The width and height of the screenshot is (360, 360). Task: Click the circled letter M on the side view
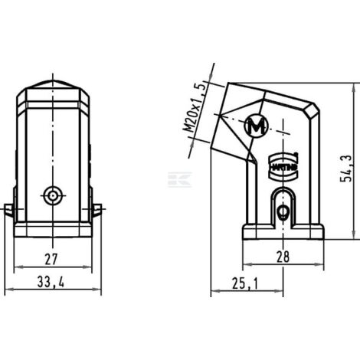(256, 126)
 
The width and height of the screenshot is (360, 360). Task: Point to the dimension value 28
(283, 258)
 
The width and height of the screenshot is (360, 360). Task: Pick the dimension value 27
(51, 258)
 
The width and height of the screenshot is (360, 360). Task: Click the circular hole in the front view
(52, 195)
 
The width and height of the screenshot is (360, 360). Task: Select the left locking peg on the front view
(8, 208)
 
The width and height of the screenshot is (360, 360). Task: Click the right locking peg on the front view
(97, 208)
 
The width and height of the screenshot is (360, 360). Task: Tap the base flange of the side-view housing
(283, 231)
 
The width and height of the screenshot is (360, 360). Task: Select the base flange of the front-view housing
(52, 230)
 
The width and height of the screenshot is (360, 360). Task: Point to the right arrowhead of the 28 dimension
(320, 267)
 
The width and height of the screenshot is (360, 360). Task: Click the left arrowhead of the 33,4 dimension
(7, 292)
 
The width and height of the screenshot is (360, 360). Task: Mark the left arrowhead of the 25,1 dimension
(214, 292)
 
